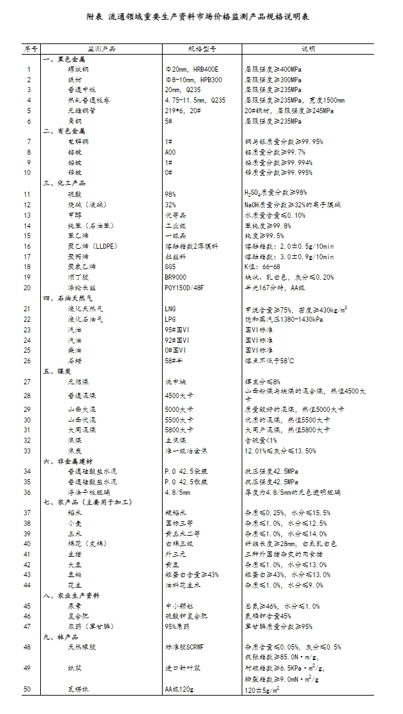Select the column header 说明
pos(308,49)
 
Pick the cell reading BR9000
pos(175,277)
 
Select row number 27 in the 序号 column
pos(28,382)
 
